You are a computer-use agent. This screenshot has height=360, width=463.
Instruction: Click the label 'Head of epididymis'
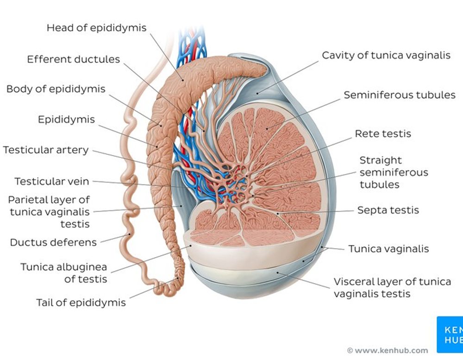[96, 28]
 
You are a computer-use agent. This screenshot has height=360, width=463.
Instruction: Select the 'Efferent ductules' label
[73, 59]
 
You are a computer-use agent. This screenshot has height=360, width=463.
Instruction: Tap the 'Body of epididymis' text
[56, 88]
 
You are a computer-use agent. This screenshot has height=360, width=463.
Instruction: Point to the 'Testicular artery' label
[45, 150]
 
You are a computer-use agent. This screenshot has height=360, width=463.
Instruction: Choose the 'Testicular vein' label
[51, 181]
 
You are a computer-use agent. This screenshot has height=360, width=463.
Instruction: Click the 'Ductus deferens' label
[53, 242]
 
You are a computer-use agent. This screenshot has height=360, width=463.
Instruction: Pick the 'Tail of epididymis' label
[81, 303]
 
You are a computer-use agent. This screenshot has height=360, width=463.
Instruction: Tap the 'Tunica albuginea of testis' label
[63, 273]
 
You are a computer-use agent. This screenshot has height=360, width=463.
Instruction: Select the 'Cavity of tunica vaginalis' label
[386, 55]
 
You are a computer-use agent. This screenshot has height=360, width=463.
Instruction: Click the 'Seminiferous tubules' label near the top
[400, 95]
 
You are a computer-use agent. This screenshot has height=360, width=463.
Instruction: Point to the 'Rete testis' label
[383, 134]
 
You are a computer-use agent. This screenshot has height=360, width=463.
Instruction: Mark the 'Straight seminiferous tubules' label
[394, 172]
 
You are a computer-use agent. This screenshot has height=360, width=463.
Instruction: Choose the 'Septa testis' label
[388, 210]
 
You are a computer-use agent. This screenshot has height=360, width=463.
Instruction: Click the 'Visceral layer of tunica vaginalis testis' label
[392, 288]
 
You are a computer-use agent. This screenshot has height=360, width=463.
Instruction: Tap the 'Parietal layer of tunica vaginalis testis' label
[49, 212]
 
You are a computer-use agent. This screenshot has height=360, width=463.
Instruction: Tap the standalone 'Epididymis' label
[66, 120]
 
